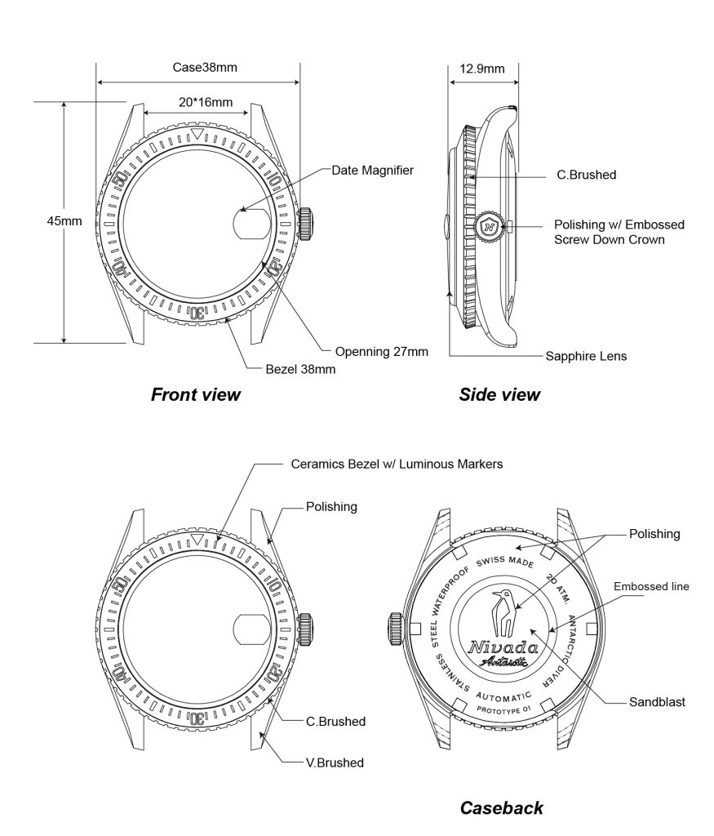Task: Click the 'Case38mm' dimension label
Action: (205, 67)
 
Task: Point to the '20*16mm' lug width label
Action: (206, 102)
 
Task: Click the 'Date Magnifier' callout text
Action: (372, 171)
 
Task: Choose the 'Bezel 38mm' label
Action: (301, 369)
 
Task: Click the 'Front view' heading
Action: (196, 395)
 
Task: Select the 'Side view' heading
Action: (499, 395)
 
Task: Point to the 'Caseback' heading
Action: (502, 808)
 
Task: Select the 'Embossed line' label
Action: (651, 586)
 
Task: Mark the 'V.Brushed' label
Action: (335, 763)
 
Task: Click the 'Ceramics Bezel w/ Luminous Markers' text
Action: (397, 464)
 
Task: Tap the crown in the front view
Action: (308, 223)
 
